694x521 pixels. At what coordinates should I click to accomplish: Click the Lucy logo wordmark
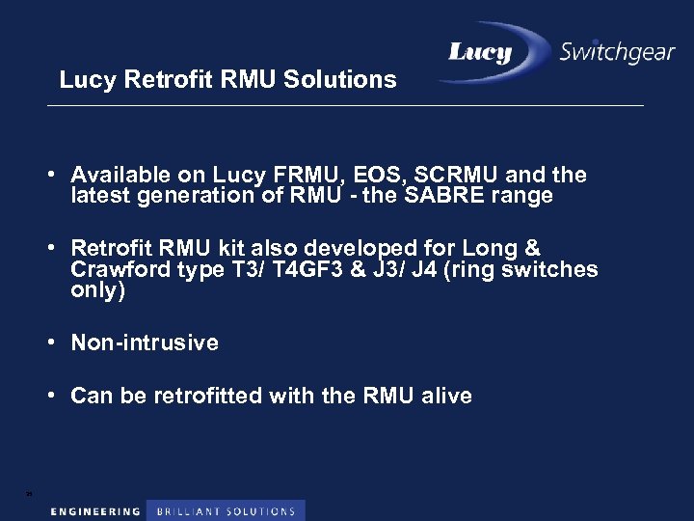tap(479, 53)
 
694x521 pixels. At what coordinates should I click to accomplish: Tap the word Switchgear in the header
tap(617, 52)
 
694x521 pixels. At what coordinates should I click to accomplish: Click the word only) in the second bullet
tap(98, 290)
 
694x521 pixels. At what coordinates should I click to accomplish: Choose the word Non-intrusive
tap(145, 343)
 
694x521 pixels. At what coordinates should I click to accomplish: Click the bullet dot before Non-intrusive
tap(59, 343)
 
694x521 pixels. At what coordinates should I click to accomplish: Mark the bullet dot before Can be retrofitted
tap(59, 396)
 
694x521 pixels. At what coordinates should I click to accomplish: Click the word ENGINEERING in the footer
tap(95, 510)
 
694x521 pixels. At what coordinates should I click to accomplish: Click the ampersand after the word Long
tap(531, 248)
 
